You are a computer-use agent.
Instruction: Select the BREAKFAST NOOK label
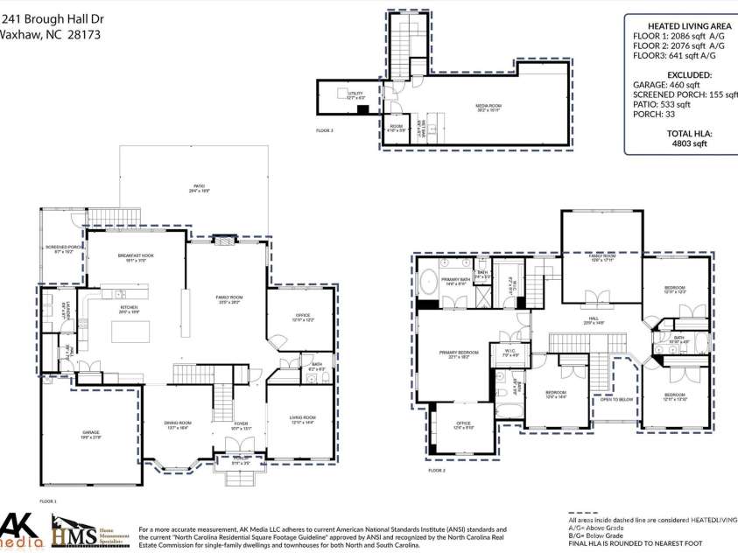coord(136,257)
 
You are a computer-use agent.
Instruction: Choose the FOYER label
coord(240,425)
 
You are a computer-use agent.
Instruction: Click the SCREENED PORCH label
coord(61,248)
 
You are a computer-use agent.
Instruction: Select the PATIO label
coord(200,187)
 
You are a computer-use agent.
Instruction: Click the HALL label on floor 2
coord(593,319)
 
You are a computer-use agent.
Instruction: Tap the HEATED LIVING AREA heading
coord(689,25)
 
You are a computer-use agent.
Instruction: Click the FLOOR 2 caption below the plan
coord(437,471)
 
